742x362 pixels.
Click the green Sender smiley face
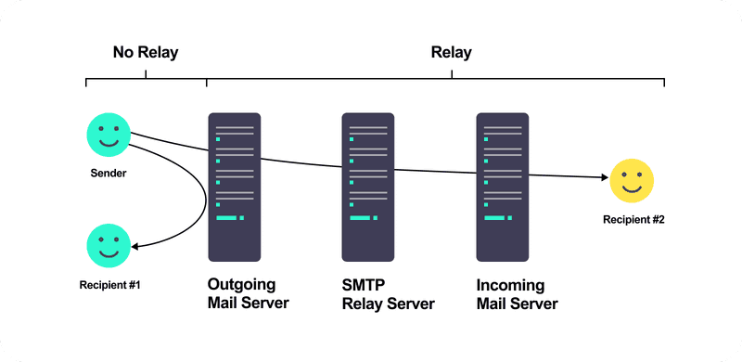[108, 134]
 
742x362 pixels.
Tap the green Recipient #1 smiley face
[109, 245]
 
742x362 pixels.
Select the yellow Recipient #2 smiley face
[633, 181]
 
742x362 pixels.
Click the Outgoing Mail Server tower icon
[234, 187]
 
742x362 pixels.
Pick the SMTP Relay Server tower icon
[367, 187]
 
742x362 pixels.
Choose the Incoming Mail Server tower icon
[502, 187]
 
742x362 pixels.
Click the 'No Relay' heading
[146, 52]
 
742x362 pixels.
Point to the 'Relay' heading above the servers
[451, 52]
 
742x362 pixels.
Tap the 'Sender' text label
[109, 173]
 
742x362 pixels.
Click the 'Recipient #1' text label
[109, 284]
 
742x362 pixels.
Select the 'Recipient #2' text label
[633, 220]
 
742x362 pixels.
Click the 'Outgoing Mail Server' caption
[249, 294]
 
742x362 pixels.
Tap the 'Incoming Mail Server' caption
[517, 294]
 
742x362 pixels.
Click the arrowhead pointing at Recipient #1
[136, 247]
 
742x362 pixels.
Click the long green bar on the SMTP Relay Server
[360, 218]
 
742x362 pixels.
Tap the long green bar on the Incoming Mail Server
[494, 218]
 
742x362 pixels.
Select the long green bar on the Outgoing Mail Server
[226, 218]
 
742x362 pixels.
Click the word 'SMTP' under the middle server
[363, 285]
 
